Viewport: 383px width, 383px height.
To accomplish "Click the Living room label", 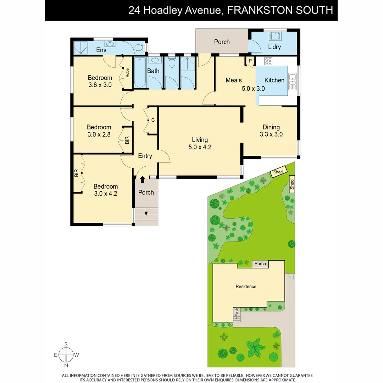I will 200,140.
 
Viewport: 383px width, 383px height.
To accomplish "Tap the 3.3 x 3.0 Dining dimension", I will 271,134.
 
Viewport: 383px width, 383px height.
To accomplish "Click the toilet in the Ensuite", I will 139,47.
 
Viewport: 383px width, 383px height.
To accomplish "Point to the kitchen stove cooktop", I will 268,61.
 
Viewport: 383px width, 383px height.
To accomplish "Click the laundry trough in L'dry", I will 274,37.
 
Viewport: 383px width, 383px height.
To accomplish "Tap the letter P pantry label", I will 250,61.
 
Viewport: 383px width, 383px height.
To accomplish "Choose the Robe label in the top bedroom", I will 127,73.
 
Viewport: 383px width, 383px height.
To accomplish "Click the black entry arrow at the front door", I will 143,180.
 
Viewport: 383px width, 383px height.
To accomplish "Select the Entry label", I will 145,156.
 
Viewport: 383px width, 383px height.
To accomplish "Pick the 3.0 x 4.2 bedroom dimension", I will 106,194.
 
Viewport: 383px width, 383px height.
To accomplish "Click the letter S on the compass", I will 66,344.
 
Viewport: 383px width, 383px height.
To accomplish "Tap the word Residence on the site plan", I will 246,287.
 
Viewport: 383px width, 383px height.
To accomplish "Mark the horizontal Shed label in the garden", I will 278,172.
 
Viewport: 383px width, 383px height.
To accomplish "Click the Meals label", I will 234,80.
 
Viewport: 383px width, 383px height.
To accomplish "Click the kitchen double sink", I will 293,81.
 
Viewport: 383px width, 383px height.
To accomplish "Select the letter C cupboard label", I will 153,120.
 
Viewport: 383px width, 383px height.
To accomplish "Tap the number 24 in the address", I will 134,10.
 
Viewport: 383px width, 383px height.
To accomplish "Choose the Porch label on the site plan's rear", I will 260,264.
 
